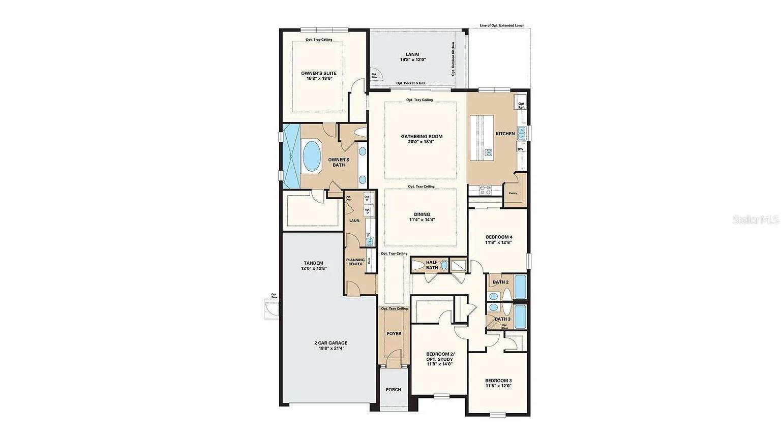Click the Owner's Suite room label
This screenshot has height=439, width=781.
[318, 76]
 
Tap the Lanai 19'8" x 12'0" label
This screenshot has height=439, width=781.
[412, 57]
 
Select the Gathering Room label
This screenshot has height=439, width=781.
[422, 139]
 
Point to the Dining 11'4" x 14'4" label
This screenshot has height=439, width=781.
[422, 217]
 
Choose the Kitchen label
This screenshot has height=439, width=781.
[505, 134]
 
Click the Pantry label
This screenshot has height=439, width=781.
[513, 193]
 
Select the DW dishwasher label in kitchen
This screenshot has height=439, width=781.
[520, 149]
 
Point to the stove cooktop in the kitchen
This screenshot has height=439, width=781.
[485, 191]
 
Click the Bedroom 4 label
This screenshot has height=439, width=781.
[498, 239]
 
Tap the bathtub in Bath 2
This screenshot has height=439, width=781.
[521, 287]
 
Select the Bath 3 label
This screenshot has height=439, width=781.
[502, 319]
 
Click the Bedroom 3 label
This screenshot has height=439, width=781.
[498, 383]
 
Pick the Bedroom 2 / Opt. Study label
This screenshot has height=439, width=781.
[440, 359]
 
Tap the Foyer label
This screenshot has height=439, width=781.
[394, 334]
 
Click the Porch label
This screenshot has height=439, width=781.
[393, 390]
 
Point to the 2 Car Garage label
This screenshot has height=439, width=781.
[331, 346]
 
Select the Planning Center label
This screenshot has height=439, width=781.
[355, 262]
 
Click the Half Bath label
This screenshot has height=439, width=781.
[432, 265]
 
